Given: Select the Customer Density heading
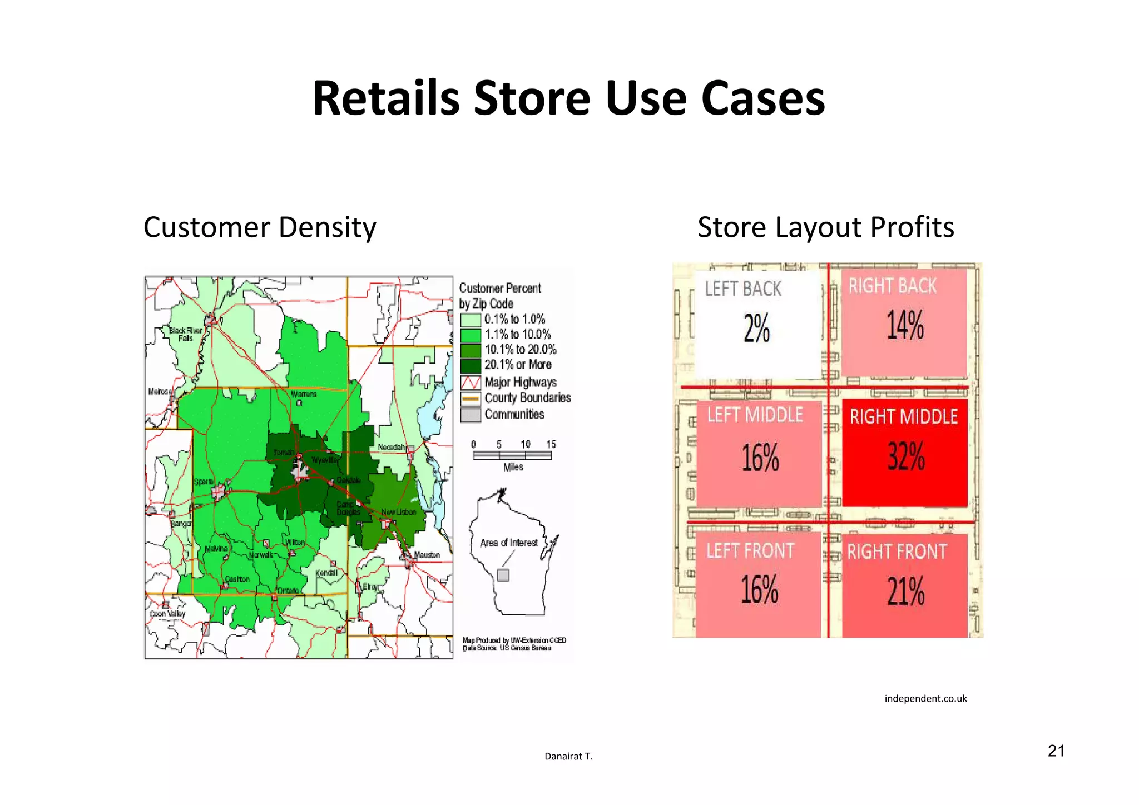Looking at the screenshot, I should coord(260,227).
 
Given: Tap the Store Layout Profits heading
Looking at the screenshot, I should coord(825,227).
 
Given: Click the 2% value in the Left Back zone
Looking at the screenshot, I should coord(756,328).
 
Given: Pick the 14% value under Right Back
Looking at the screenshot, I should coord(905,325).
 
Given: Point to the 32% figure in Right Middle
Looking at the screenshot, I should coord(906,456).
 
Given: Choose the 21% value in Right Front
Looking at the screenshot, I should coord(905,591).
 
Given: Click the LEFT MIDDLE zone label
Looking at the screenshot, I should coord(755,415).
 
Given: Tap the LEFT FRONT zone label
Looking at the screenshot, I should coord(750,551).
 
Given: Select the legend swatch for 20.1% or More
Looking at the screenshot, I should coord(471,366).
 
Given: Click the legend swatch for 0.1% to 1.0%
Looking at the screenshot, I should coord(471,320).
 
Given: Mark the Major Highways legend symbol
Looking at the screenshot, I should coord(471,382).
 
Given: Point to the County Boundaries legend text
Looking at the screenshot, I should coord(527,398).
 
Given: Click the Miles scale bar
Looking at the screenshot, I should coord(512,455).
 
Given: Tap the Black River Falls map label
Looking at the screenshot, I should coord(186,334).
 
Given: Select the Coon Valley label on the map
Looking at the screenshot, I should coord(167,614).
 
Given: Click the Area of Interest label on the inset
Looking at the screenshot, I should coord(509,543).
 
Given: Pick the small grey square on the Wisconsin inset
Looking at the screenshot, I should coord(503,575).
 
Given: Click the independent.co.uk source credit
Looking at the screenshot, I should coord(925,699).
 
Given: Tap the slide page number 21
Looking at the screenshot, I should coord(1056,751).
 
